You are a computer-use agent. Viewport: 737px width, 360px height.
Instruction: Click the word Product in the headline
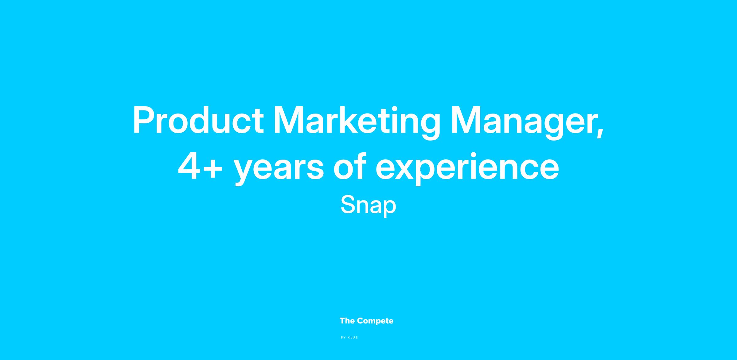(198, 120)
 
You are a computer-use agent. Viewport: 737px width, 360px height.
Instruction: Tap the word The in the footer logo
(347, 321)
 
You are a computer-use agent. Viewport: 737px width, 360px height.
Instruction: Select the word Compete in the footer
(375, 321)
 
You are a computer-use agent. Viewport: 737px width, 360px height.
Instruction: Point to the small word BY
(343, 338)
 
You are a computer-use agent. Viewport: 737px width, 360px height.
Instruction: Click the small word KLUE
(353, 338)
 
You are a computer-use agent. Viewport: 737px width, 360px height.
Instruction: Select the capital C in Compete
(361, 321)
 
